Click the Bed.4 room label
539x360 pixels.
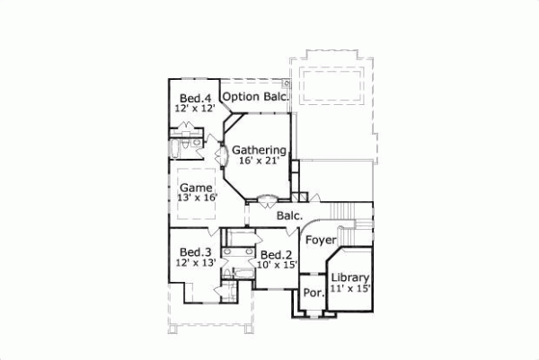(195, 98)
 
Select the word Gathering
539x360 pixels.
(258, 150)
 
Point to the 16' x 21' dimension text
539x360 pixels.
(260, 161)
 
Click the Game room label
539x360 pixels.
(195, 187)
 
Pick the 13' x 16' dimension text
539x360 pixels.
(197, 198)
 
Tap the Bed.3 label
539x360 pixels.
(194, 251)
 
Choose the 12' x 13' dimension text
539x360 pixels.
(195, 262)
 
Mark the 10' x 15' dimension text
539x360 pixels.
(274, 265)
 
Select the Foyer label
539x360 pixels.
(320, 240)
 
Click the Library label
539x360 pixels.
(350, 278)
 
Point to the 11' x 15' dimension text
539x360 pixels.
(350, 289)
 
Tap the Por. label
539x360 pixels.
(313, 294)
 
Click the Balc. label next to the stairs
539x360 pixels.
(288, 215)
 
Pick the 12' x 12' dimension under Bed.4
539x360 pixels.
(195, 109)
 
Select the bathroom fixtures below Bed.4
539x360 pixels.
(191, 144)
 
